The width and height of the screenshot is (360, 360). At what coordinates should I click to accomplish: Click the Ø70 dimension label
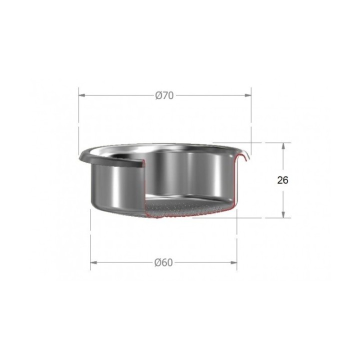tap(164, 95)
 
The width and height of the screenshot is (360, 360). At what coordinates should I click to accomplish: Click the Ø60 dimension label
tap(163, 262)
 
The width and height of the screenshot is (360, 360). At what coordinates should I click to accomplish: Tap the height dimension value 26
tap(282, 180)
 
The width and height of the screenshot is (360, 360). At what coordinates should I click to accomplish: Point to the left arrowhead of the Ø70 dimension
tap(82, 95)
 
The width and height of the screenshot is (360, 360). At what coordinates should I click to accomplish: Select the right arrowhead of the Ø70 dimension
tap(248, 95)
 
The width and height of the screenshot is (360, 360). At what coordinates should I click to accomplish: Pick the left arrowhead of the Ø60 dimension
tap(93, 262)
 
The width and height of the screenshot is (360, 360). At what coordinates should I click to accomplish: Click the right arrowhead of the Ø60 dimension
tap(233, 262)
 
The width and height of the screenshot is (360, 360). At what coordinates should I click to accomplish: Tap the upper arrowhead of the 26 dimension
tap(283, 146)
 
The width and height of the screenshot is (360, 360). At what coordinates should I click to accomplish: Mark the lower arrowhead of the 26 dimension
tap(283, 214)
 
